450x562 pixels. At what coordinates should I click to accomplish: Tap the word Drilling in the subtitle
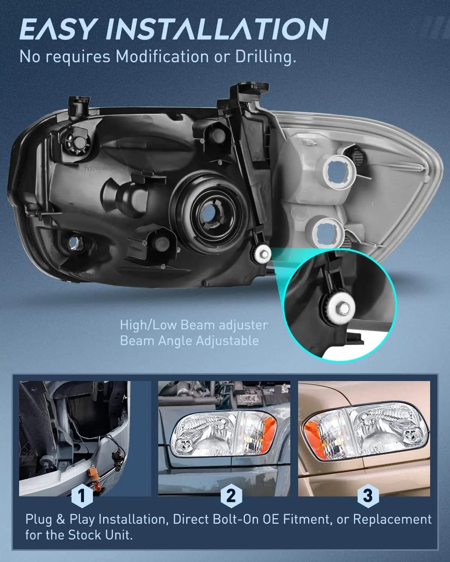point(265,57)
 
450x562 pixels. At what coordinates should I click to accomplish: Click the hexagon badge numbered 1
point(82,495)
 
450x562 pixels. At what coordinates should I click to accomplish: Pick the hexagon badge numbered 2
point(231,495)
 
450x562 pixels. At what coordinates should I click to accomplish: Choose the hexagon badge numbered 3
point(368,495)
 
